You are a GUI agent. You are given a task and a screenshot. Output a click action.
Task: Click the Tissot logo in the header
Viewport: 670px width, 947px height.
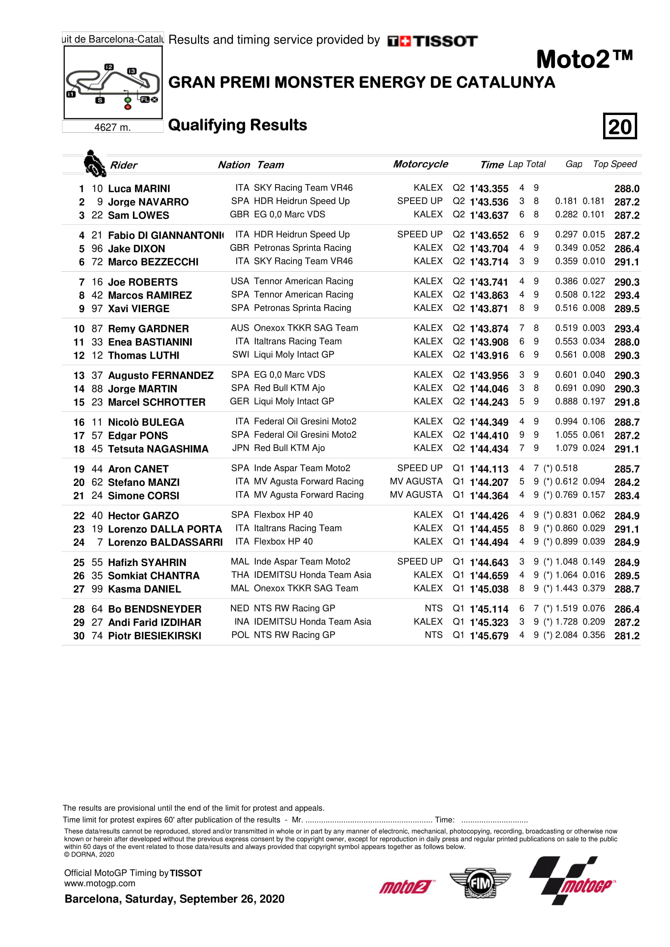432,41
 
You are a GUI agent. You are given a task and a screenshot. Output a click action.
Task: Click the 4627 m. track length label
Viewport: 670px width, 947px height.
112,127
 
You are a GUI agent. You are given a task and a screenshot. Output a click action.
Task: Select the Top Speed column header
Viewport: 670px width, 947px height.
615,164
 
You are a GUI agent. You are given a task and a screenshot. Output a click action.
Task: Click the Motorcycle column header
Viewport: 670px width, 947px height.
420,164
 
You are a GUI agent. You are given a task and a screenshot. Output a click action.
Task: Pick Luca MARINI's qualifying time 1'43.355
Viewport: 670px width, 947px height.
489,189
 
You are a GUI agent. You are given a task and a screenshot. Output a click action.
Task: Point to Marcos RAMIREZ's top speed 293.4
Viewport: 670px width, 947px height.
626,295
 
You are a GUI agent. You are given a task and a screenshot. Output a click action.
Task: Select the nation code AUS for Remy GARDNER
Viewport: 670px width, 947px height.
240,328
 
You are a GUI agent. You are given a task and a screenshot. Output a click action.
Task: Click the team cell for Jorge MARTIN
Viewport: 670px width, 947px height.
289,388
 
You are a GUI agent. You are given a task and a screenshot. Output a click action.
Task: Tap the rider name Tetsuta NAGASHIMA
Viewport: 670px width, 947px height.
158,449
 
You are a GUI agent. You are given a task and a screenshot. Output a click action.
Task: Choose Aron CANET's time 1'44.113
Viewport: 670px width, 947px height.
489,469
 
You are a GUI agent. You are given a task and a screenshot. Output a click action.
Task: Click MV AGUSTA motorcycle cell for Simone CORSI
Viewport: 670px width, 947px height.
416,495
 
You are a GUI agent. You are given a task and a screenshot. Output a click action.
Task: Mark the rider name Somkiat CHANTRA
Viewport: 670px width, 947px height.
154,576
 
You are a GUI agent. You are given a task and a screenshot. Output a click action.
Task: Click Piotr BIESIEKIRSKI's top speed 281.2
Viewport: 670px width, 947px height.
626,636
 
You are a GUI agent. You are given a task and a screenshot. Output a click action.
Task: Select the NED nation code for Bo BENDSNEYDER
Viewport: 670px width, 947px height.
240,609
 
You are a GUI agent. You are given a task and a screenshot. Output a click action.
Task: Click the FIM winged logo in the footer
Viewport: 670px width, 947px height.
480,883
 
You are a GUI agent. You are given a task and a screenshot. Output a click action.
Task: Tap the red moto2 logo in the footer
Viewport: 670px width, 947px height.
405,886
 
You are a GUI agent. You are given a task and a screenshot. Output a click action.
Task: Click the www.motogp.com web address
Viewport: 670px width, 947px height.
99,883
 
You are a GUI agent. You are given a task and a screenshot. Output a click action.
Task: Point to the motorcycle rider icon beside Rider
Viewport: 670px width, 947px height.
94,163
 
